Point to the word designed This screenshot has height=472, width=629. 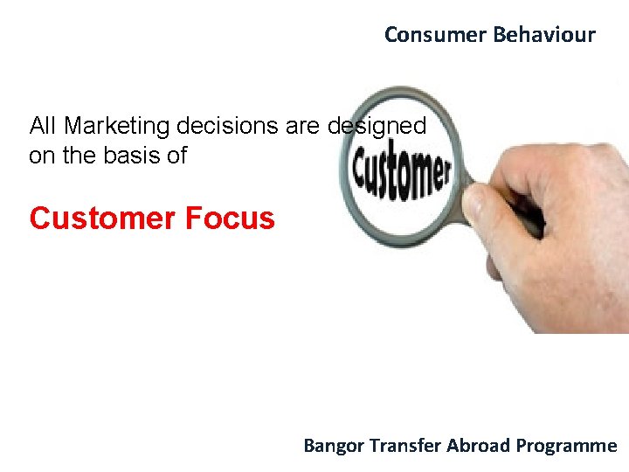point(377,127)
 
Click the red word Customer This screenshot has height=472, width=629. point(102,219)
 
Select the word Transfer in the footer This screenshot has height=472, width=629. point(405,446)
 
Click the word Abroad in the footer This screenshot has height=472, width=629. point(479,446)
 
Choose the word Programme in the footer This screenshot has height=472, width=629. point(566,446)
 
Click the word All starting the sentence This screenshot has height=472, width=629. point(44,127)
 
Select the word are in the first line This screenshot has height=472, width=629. point(303,127)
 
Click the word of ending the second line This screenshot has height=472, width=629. point(178,156)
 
